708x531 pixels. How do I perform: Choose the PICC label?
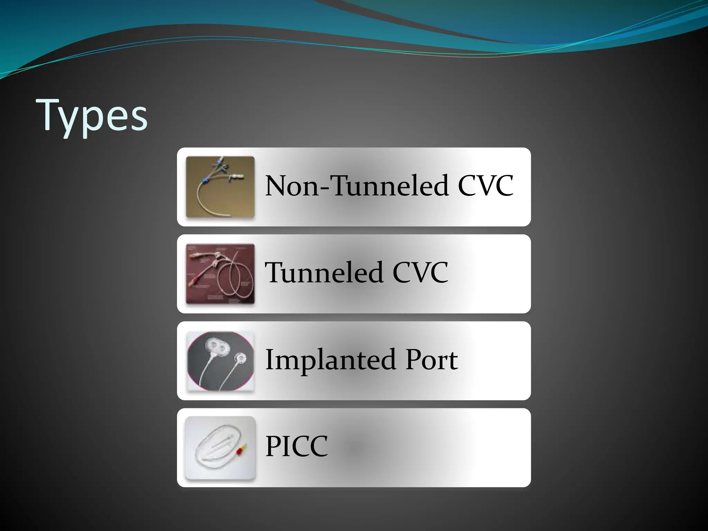[x=296, y=446]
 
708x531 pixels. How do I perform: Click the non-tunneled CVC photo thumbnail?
[x=220, y=187]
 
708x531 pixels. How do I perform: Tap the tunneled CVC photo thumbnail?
[x=220, y=274]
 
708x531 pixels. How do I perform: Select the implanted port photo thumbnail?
[x=220, y=361]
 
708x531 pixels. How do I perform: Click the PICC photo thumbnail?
[x=220, y=448]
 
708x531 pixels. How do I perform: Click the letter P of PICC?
[x=272, y=446]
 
